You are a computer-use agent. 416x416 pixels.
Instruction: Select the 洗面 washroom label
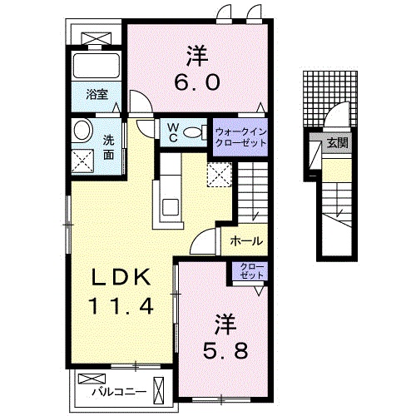tap(109, 146)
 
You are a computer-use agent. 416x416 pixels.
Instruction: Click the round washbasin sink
tap(82, 130)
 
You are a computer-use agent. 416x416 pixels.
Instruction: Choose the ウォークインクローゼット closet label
tap(241, 137)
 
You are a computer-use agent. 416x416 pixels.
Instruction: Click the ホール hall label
tap(246, 242)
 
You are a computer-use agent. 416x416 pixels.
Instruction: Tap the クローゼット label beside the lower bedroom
tap(250, 272)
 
